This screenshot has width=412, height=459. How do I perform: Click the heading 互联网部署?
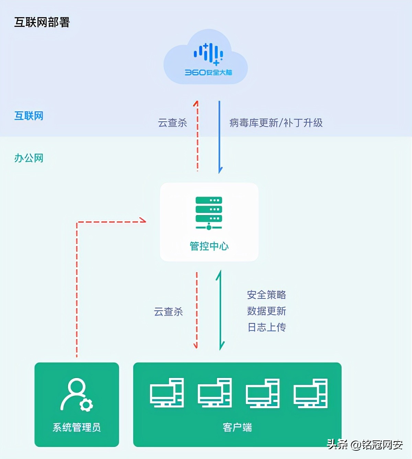pos(42,22)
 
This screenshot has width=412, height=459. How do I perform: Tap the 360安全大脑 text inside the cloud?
pos(208,72)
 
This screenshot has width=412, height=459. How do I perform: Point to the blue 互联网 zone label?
pos(29,116)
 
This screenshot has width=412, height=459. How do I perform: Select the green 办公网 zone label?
pos(29,158)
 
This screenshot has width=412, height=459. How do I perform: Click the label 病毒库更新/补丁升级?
pos(276,123)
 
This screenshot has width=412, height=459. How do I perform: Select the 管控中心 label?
pos(209,246)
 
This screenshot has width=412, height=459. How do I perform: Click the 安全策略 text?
pos(266,295)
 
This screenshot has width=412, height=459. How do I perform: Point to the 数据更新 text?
pos(266,311)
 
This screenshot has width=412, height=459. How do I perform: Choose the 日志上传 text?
pos(266,327)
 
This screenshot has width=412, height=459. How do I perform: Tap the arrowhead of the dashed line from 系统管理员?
pos(142,220)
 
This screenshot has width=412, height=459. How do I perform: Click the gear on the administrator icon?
pos(86,405)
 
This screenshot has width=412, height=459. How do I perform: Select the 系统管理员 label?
pos(77,427)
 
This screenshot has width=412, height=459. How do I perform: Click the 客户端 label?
pos(237,427)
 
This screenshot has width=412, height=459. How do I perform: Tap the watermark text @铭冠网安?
pos(377,445)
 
